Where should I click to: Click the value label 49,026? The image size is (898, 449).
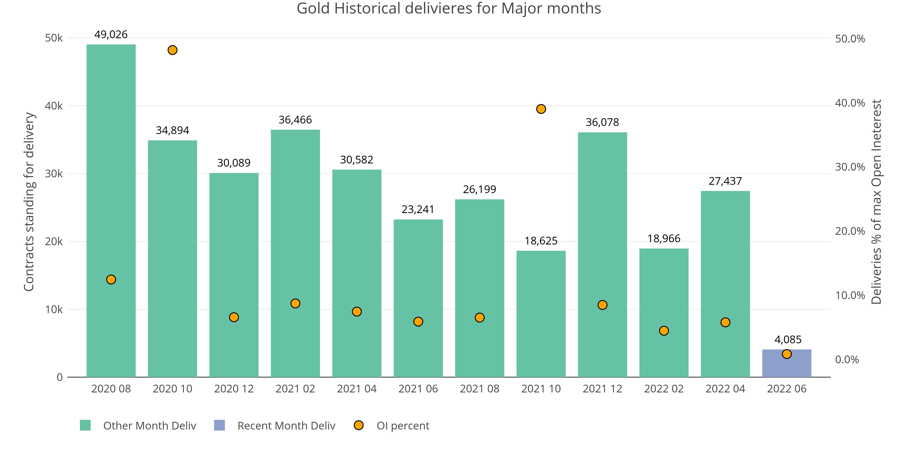[x=111, y=35]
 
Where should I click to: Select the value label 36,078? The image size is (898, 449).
[x=602, y=122]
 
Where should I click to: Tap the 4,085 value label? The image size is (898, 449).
[x=788, y=339]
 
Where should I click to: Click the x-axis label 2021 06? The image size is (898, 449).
[x=418, y=389]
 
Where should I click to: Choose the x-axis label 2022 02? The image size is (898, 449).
[x=664, y=389]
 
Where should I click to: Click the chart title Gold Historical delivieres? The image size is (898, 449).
[x=449, y=8]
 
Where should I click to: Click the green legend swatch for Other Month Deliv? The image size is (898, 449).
[x=85, y=425]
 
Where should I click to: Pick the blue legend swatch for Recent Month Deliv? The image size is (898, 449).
[x=219, y=425]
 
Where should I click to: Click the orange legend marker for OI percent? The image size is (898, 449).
[x=358, y=425]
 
